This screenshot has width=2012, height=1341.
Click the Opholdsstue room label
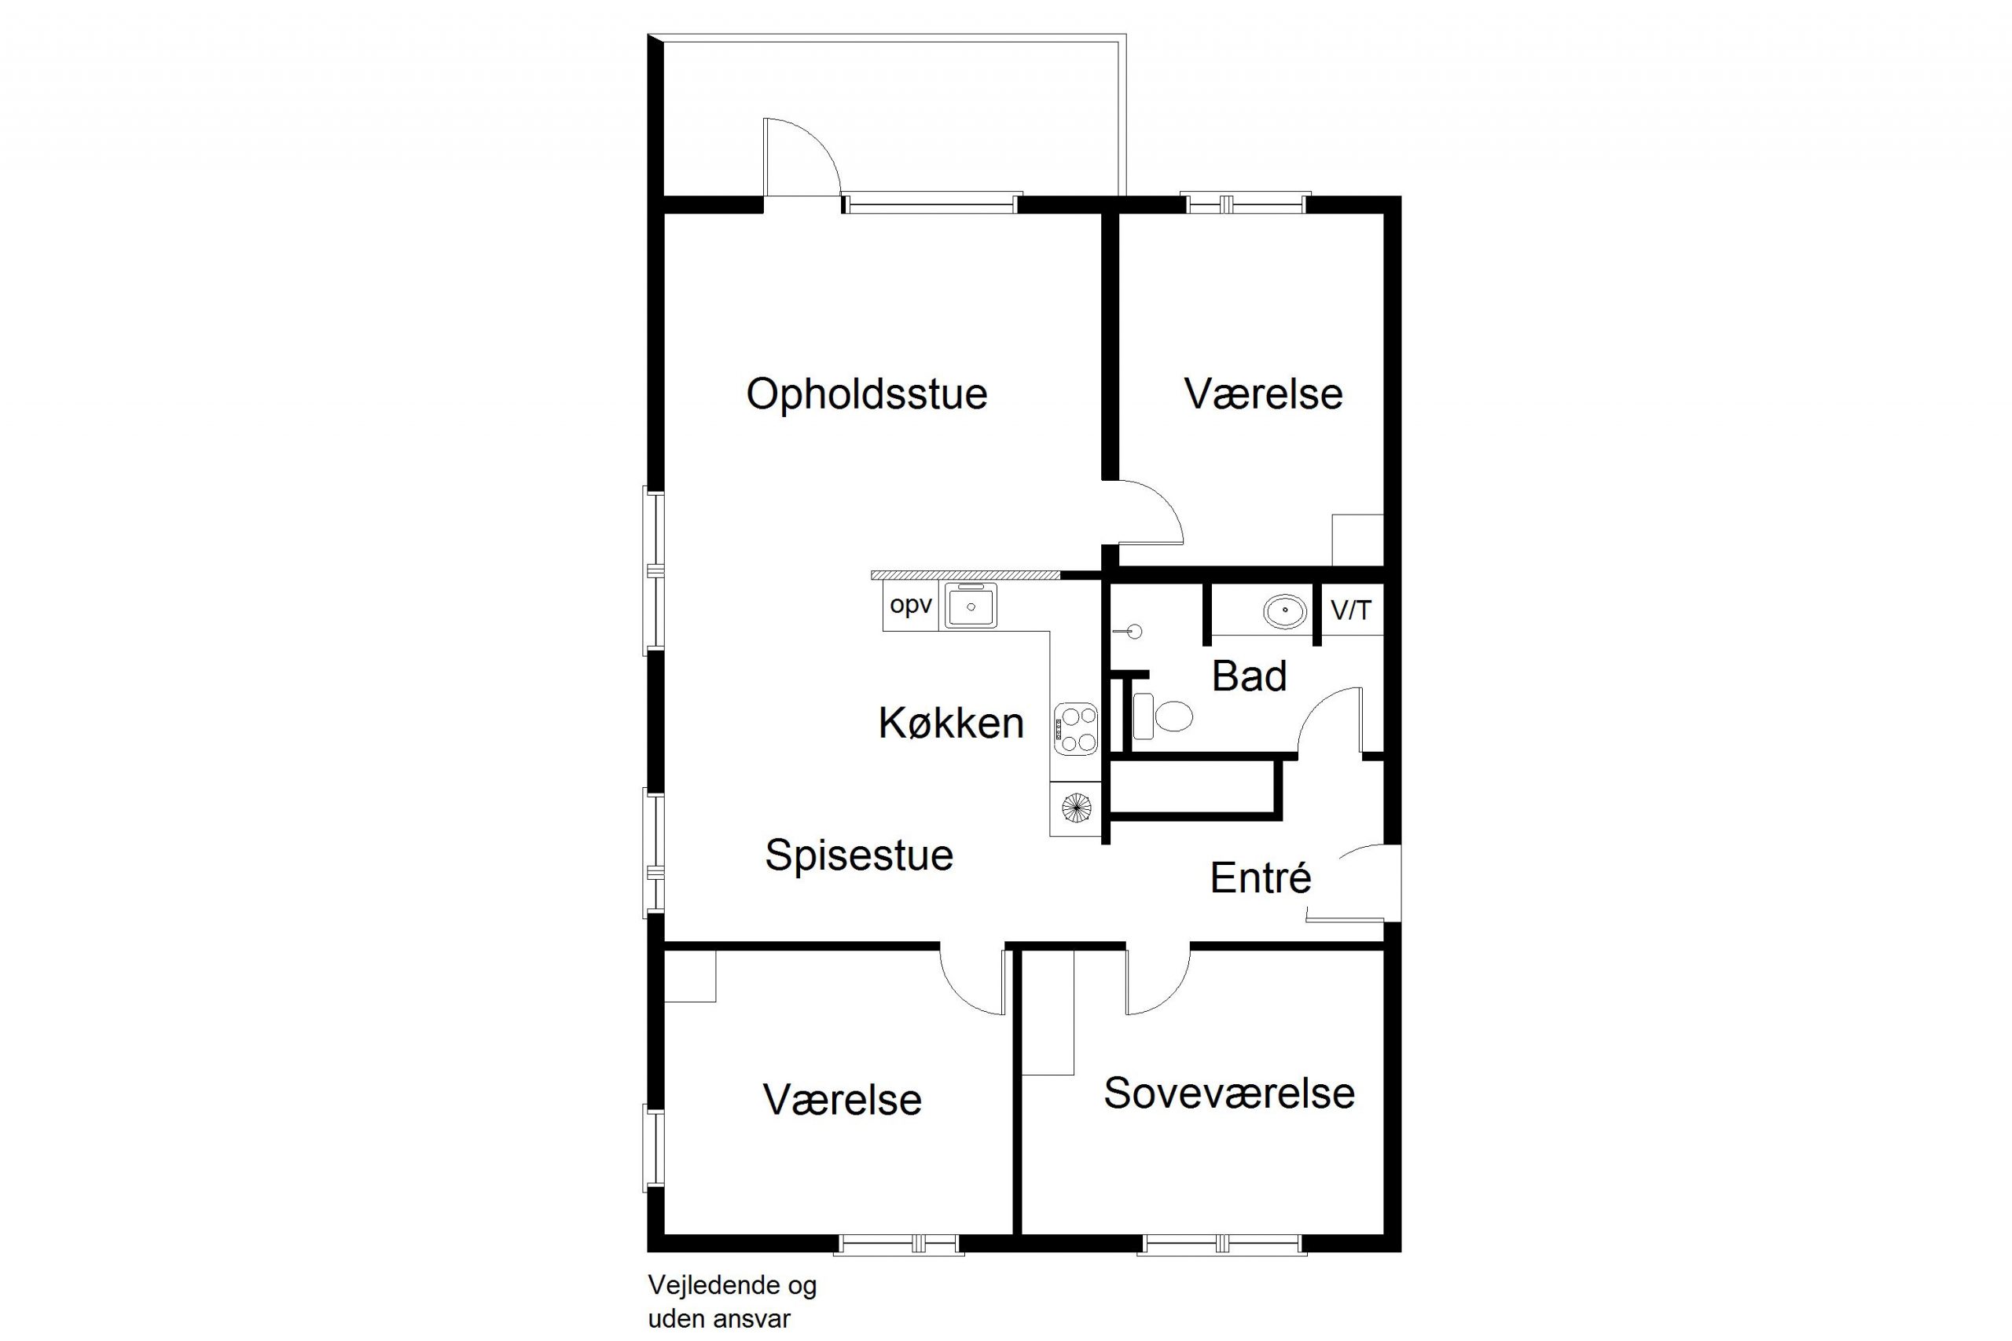tap(867, 395)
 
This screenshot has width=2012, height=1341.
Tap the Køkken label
tap(950, 724)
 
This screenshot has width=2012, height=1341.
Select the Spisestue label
tap(859, 856)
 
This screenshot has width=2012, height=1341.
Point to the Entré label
tap(1260, 878)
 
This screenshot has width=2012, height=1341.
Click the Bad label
tap(1249, 676)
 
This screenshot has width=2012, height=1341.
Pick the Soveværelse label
tap(1229, 1093)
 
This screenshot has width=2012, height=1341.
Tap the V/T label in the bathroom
tap(1351, 610)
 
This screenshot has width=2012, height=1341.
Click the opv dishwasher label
tap(910, 606)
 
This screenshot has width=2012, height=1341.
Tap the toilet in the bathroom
tap(1162, 716)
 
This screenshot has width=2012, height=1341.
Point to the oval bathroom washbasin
tap(1285, 611)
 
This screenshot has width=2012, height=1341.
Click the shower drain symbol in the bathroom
tap(1134, 632)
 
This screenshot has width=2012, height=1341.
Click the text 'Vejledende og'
tap(732, 1285)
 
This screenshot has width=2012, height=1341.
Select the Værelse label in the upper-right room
tap(1264, 394)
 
